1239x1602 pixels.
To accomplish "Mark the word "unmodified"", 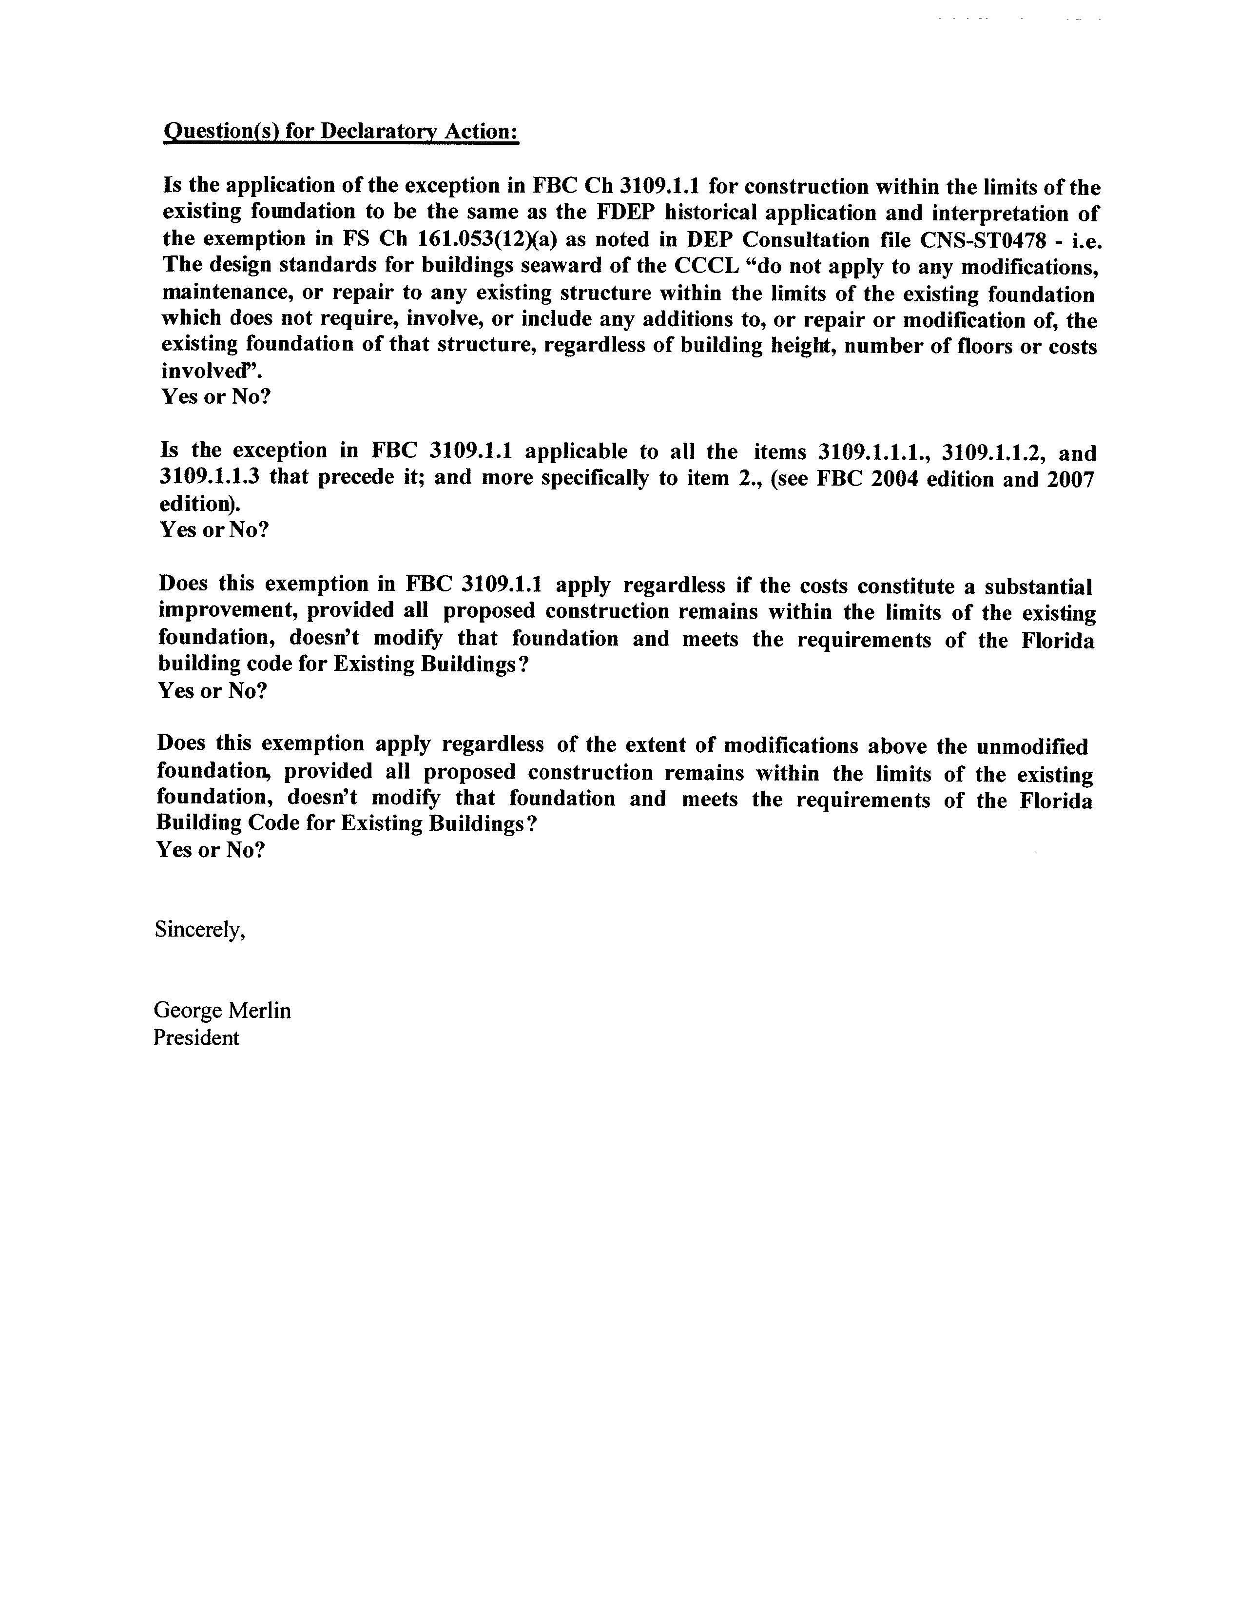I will click(1032, 747).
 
